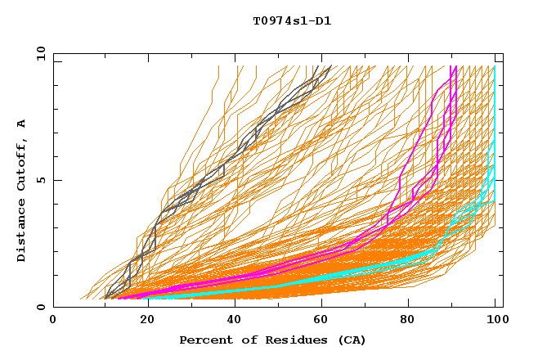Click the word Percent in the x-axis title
[x=202, y=340]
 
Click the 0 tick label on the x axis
[x=53, y=320]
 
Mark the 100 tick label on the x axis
[x=495, y=320]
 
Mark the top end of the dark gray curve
[x=330, y=67]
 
